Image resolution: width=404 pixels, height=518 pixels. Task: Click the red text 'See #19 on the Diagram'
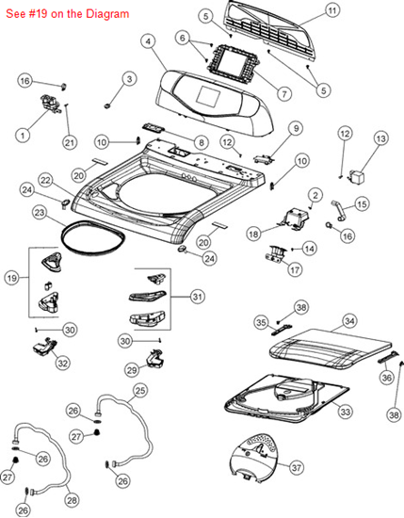click(x=68, y=14)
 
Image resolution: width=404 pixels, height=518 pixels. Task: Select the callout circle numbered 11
click(x=332, y=11)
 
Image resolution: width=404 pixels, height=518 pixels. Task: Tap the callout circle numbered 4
click(x=148, y=41)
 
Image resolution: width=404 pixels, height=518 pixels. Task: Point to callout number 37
click(x=296, y=467)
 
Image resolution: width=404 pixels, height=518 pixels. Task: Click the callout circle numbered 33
click(x=346, y=412)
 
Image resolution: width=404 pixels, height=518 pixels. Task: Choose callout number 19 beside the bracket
click(x=12, y=278)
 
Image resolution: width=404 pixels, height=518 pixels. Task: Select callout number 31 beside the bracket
click(x=197, y=297)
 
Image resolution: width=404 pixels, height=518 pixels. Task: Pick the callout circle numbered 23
click(x=40, y=213)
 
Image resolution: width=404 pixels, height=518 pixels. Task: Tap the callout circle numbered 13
click(x=380, y=139)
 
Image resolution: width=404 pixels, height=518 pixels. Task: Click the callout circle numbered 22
click(x=45, y=181)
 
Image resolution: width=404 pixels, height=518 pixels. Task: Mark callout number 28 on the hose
click(x=72, y=500)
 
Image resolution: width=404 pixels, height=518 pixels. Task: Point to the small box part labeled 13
click(x=357, y=177)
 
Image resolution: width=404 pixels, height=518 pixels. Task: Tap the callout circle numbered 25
click(x=140, y=391)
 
